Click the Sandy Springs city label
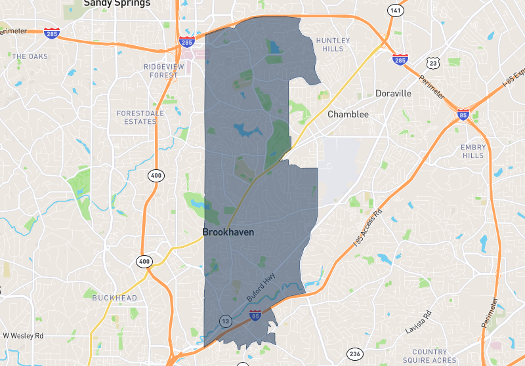(x=117, y=3)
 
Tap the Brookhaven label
(x=228, y=232)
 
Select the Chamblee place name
(x=348, y=114)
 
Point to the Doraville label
(x=393, y=93)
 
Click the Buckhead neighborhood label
(x=115, y=298)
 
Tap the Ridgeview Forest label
(x=161, y=71)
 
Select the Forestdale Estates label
(x=136, y=117)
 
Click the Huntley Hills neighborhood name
(x=333, y=45)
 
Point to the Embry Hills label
(x=473, y=152)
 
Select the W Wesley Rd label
(x=23, y=336)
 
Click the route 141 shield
(x=394, y=10)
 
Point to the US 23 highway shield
(x=432, y=62)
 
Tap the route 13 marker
(x=225, y=321)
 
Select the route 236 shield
(x=355, y=353)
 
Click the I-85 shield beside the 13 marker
(x=255, y=316)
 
